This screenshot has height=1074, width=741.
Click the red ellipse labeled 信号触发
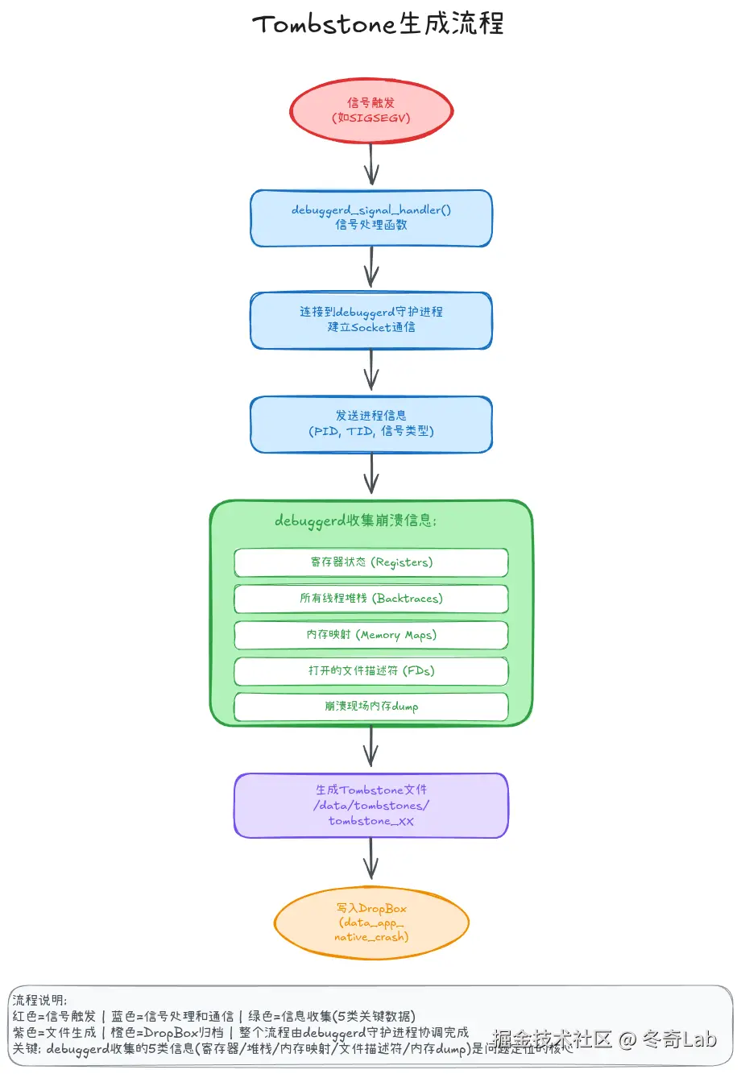(x=371, y=110)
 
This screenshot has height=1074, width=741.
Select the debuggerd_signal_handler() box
(x=371, y=218)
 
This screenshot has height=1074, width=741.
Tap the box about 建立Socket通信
(x=371, y=320)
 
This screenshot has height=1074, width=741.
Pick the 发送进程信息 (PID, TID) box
(x=371, y=424)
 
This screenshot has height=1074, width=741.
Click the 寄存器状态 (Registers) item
(x=371, y=562)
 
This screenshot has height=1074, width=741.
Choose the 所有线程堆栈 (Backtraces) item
(x=371, y=599)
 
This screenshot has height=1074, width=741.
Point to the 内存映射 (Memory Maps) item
(x=371, y=635)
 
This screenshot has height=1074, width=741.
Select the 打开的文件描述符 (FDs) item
(x=371, y=670)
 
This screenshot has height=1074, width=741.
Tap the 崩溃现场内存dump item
(x=371, y=707)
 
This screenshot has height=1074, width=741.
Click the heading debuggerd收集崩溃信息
(x=355, y=520)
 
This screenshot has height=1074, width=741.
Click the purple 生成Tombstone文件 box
(x=371, y=805)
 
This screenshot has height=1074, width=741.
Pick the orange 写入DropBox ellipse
(x=371, y=923)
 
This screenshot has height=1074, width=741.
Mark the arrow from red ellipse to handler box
(x=371, y=166)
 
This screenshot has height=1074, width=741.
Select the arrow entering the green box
(x=371, y=475)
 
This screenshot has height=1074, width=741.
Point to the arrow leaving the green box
(x=371, y=748)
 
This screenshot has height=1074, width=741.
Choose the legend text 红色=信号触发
(x=54, y=1017)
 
